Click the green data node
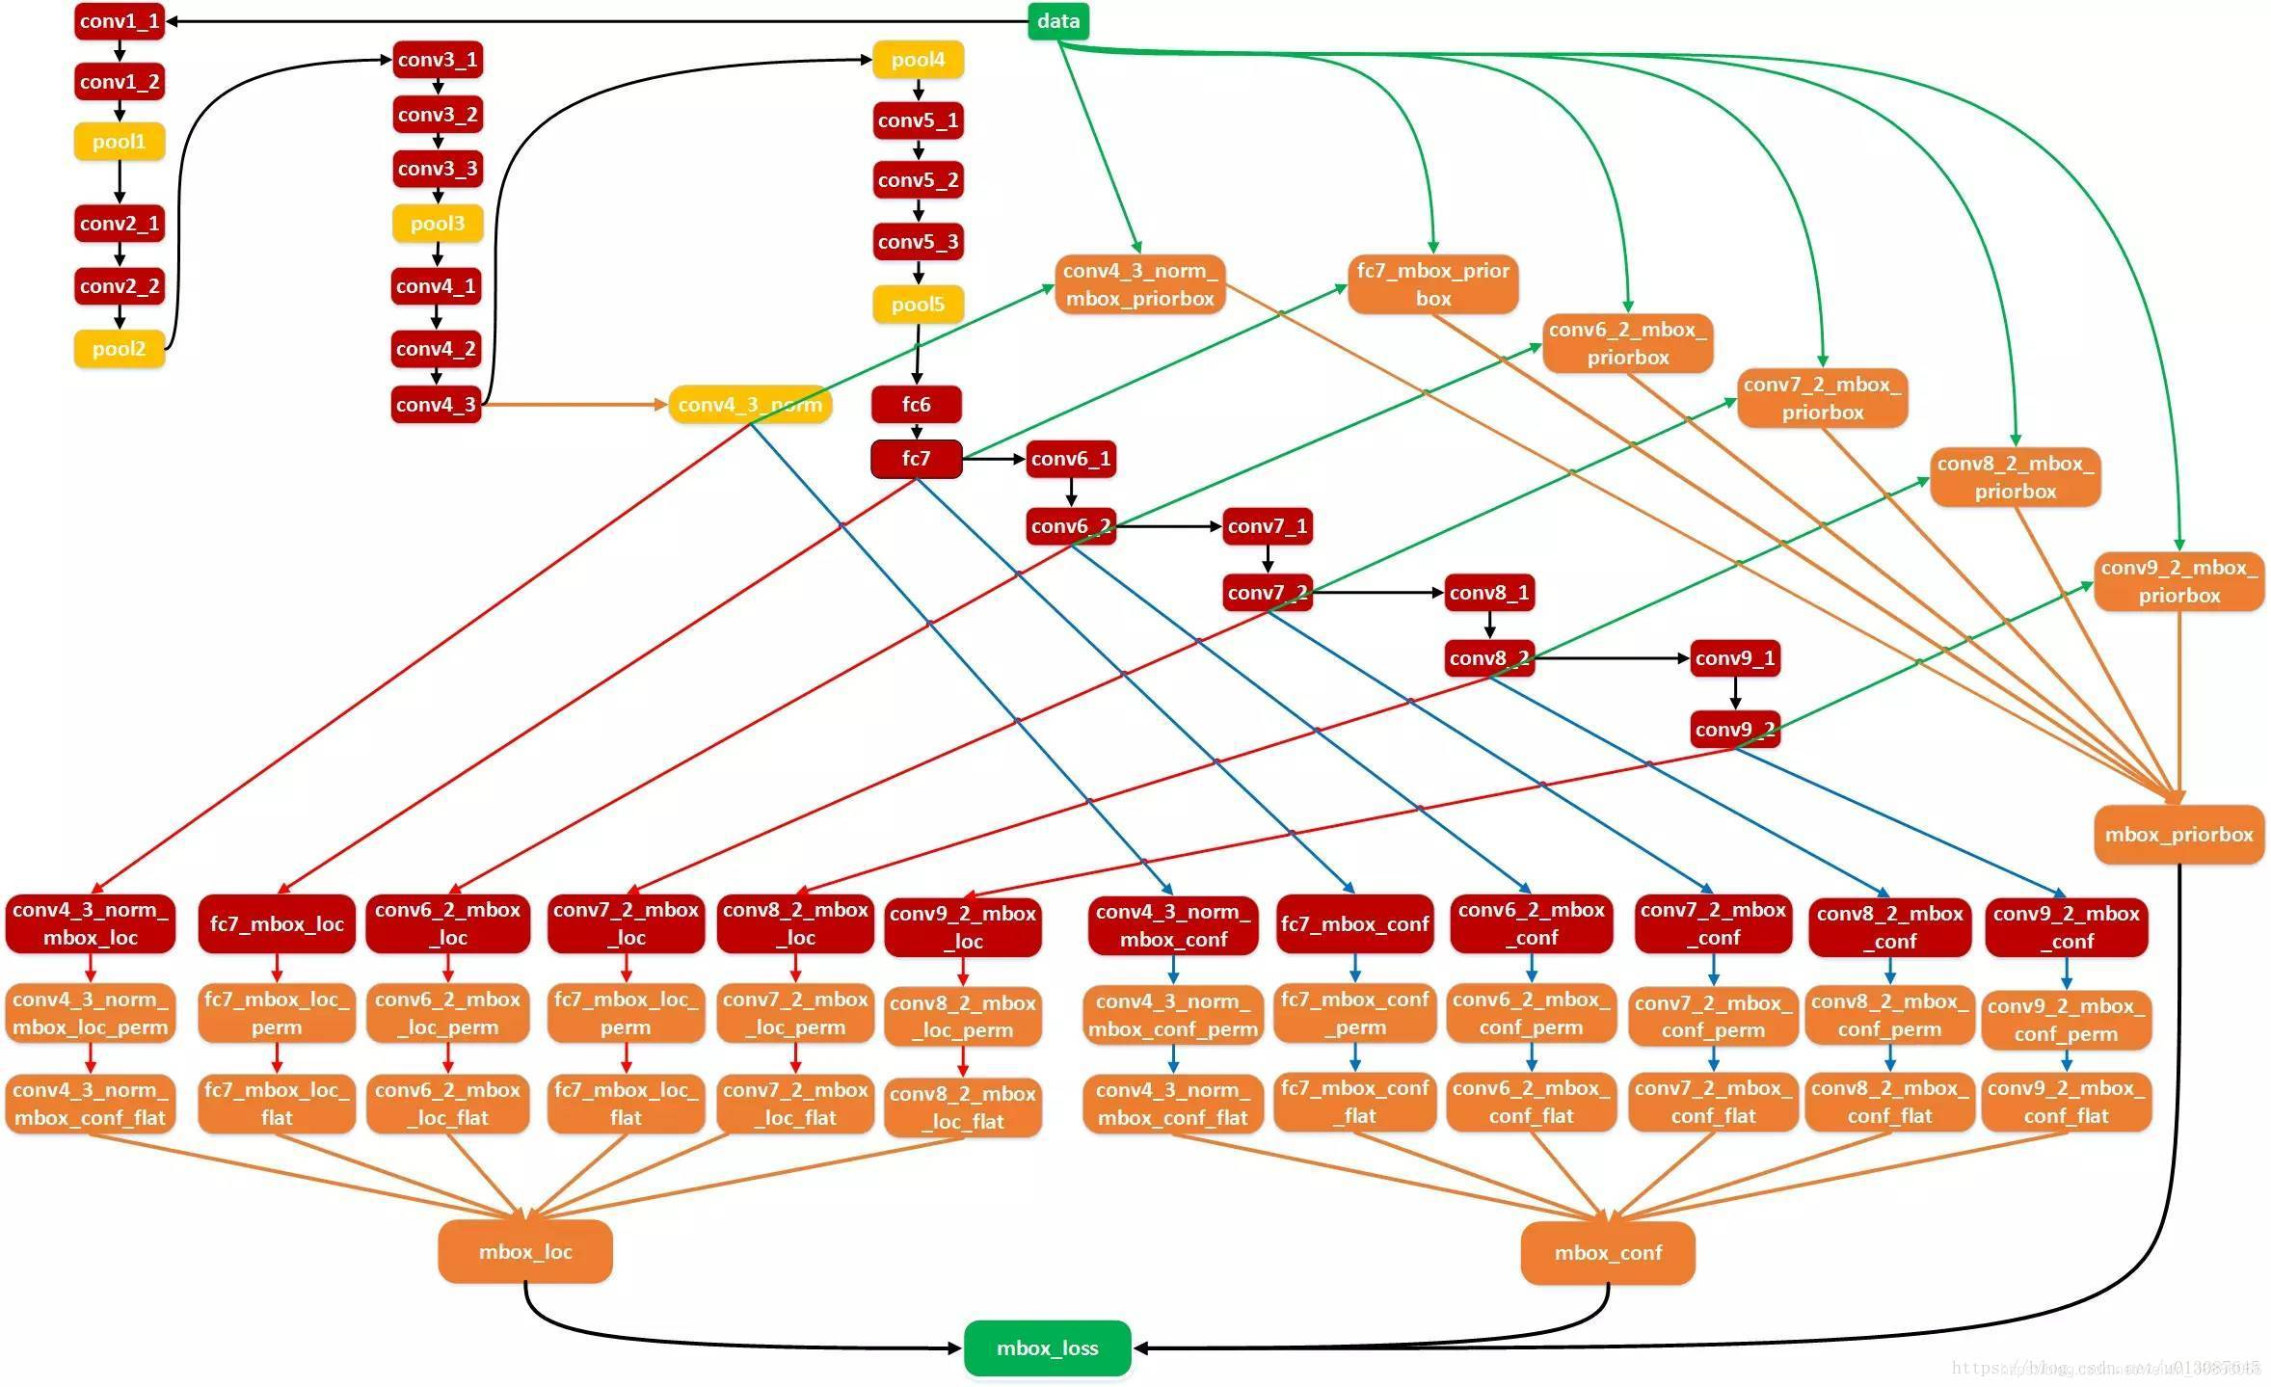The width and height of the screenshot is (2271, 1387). pyautogui.click(x=1057, y=21)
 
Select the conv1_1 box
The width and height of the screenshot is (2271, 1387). pyautogui.click(x=120, y=21)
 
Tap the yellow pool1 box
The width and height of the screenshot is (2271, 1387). pyautogui.click(x=120, y=142)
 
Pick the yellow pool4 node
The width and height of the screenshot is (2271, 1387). pyautogui.click(x=918, y=60)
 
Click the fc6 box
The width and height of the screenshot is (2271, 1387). pyautogui.click(x=916, y=405)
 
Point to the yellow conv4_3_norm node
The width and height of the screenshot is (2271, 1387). pyautogui.click(x=750, y=405)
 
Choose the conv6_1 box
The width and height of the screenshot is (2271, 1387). pyautogui.click(x=1071, y=459)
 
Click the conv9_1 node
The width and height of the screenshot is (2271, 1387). pyautogui.click(x=1735, y=658)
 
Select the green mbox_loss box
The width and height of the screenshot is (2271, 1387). pyautogui.click(x=1047, y=1347)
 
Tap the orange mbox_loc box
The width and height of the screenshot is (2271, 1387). pyautogui.click(x=525, y=1251)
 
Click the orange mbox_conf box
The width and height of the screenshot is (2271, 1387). pyautogui.click(x=1608, y=1252)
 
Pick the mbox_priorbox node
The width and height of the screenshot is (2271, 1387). pyautogui.click(x=2178, y=834)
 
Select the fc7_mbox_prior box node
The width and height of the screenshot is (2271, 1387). pyautogui.click(x=1432, y=284)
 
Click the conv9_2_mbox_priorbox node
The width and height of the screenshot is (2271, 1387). pyautogui.click(x=2178, y=581)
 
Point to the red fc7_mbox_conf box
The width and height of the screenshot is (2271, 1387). pyautogui.click(x=1354, y=923)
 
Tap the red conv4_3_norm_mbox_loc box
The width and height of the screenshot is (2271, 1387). pyautogui.click(x=91, y=923)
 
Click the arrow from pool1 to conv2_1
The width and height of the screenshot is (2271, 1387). pyautogui.click(x=120, y=182)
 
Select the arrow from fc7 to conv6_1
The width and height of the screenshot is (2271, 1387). pyautogui.click(x=993, y=460)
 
